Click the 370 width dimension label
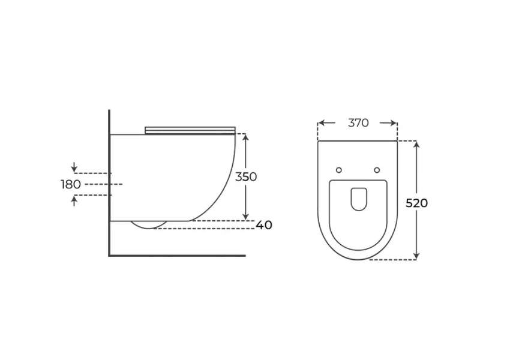pyautogui.click(x=358, y=123)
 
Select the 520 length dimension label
pyautogui.click(x=417, y=203)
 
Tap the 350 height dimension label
pyautogui.click(x=246, y=176)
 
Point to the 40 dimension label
pyautogui.click(x=264, y=225)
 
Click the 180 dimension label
pyautogui.click(x=71, y=184)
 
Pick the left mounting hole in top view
pyautogui.click(x=338, y=170)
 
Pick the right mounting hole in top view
pyautogui.click(x=377, y=170)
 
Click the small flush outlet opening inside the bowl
pyautogui.click(x=358, y=199)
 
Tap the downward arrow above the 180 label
pyautogui.click(x=74, y=167)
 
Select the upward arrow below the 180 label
pyautogui.click(x=74, y=201)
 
